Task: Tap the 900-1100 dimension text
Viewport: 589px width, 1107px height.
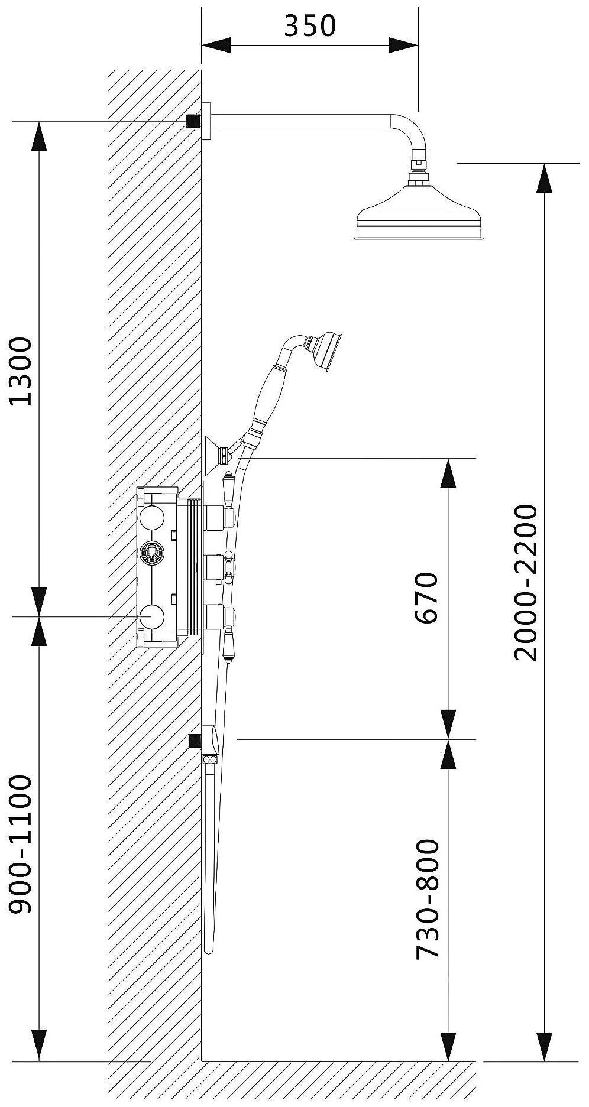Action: pos(22,846)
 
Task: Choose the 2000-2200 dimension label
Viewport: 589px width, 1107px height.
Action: pos(525,582)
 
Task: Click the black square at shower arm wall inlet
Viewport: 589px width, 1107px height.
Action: pos(192,121)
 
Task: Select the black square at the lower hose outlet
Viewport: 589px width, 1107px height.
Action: pos(193,741)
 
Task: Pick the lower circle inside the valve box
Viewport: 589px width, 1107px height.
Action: pos(151,616)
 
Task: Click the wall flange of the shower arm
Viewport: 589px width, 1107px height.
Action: pos(206,121)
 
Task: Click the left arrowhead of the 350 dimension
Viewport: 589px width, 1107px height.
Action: pos(216,45)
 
